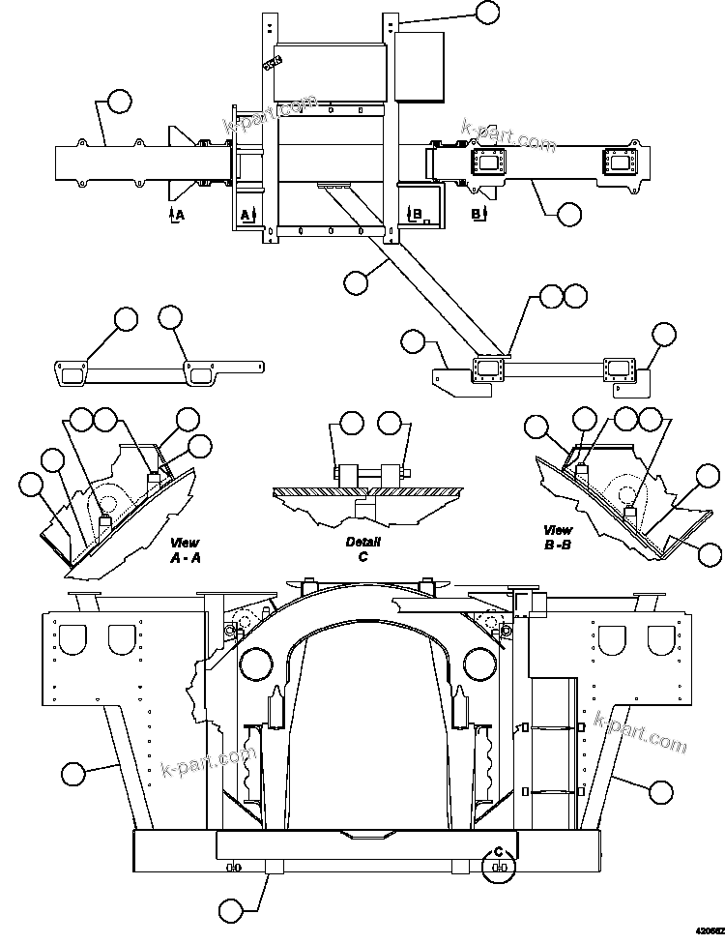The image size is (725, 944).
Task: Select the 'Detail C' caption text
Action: [x=362, y=549]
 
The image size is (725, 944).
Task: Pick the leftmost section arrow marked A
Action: [x=173, y=214]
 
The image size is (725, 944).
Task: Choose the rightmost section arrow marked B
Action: [x=478, y=212]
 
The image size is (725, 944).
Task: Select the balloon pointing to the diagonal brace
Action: [x=356, y=282]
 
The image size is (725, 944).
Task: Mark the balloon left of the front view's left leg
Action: [x=72, y=773]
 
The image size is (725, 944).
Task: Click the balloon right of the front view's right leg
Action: [x=661, y=790]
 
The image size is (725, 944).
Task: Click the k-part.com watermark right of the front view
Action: [x=640, y=732]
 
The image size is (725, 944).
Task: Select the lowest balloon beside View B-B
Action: [x=710, y=554]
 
